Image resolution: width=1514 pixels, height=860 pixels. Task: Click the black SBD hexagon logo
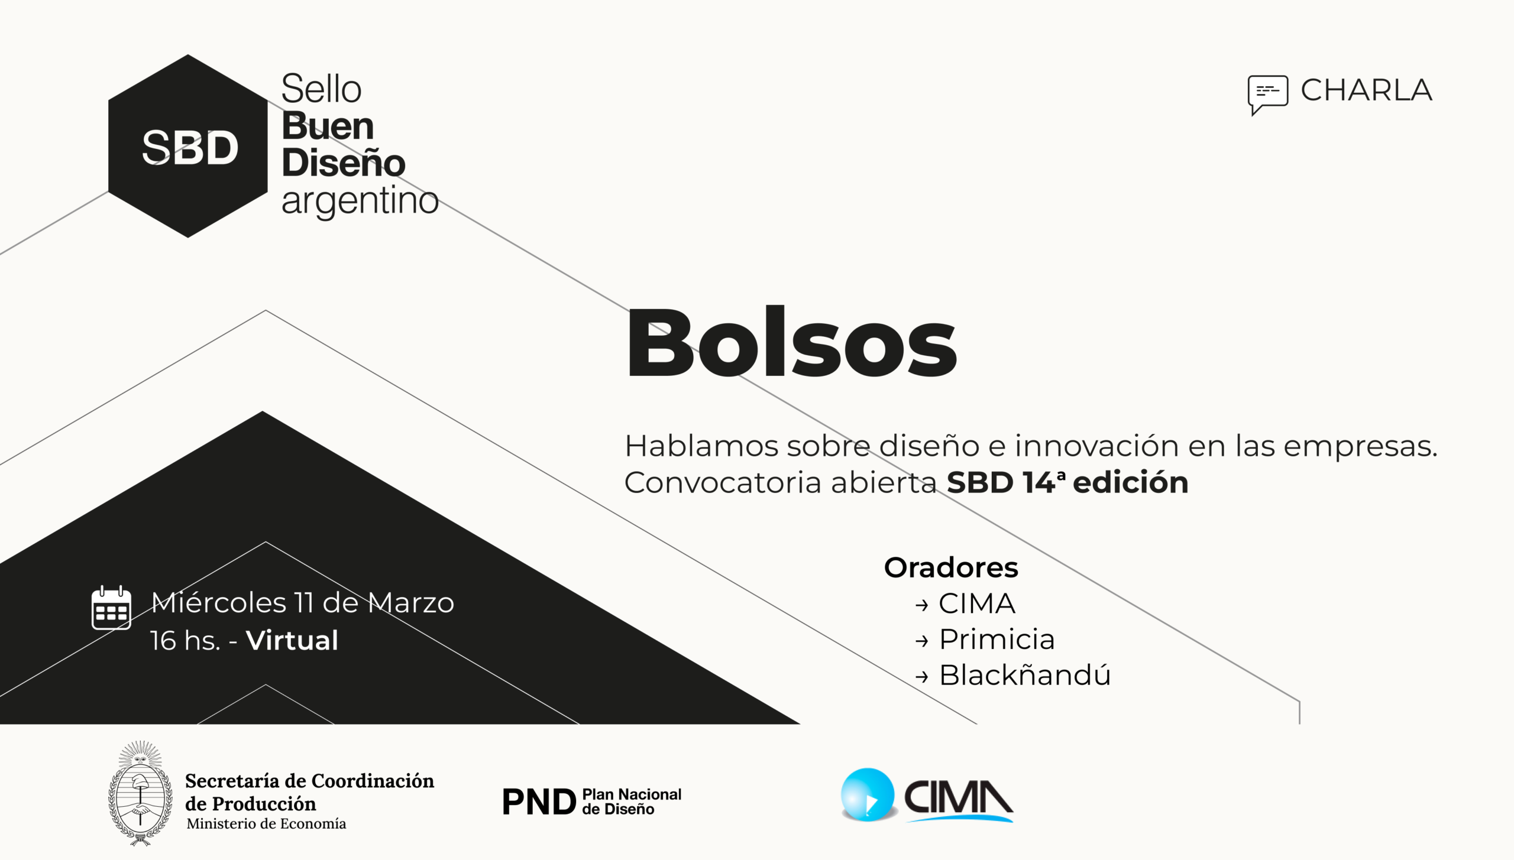tap(188, 146)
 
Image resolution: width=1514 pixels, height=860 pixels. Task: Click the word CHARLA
tap(1366, 90)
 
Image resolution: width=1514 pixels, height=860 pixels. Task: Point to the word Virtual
tap(292, 641)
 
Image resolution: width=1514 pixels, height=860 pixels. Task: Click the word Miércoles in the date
tap(219, 603)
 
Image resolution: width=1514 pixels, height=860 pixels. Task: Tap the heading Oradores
tap(951, 567)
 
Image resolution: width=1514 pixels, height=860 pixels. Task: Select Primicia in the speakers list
tap(997, 640)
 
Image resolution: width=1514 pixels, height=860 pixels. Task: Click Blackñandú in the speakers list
tap(1025, 676)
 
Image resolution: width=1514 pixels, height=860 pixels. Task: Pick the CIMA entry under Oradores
tap(977, 603)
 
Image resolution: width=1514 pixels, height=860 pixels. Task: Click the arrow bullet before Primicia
tap(921, 641)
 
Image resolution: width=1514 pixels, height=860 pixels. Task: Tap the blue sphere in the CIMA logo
tap(868, 795)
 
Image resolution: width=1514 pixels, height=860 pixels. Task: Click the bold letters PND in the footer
tap(539, 802)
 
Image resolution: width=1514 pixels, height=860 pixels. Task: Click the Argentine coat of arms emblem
tap(141, 793)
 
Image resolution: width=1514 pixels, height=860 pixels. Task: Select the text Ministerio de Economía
tap(266, 824)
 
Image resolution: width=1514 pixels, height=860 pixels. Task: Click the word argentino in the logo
tap(360, 201)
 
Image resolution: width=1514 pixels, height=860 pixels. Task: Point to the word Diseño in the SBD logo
tap(343, 163)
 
